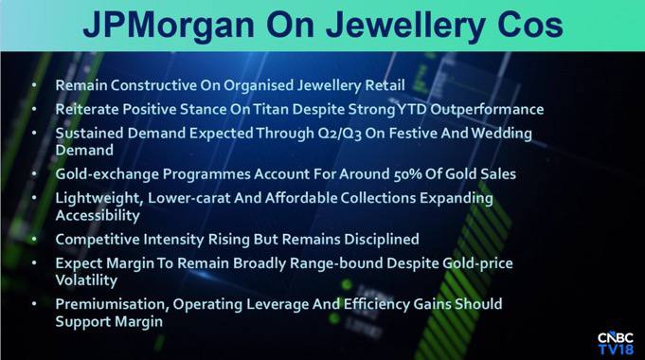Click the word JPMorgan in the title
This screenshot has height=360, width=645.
(169, 26)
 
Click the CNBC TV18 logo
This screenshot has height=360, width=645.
(616, 343)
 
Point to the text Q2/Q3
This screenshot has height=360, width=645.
(340, 134)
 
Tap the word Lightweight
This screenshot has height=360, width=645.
(99, 199)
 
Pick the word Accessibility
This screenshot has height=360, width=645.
(98, 216)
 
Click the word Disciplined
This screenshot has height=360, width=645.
(382, 239)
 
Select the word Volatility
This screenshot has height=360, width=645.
(86, 280)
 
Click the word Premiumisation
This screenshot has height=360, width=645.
(112, 304)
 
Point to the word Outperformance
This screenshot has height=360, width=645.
(487, 110)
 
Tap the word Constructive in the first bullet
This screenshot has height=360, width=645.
(153, 85)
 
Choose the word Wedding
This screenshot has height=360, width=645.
(501, 134)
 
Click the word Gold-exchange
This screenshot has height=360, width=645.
(107, 174)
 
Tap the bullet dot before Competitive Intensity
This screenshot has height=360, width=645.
(34, 239)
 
